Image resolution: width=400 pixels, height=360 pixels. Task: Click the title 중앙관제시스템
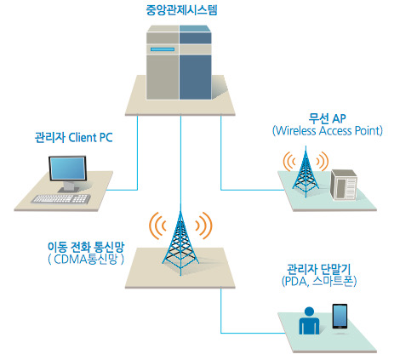point(181,10)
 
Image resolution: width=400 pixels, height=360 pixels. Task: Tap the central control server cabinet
point(179,62)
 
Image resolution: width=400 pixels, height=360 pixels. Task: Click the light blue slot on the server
point(163,49)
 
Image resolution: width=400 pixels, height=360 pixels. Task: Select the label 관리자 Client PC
point(73,138)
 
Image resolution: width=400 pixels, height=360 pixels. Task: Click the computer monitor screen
point(67,169)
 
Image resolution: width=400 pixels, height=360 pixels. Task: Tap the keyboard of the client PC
point(61,199)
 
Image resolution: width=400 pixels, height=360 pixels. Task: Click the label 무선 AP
point(327,118)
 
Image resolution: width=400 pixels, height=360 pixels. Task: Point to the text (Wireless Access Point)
point(328,131)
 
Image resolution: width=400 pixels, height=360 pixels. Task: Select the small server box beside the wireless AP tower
point(344,185)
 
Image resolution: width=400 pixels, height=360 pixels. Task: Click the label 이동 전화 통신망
point(86,247)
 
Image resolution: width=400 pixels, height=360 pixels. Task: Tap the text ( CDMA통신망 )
point(86,260)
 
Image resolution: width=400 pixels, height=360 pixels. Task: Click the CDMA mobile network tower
point(180,243)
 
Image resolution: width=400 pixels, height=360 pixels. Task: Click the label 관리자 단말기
point(319,269)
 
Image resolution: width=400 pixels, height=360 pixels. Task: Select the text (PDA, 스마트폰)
point(319,281)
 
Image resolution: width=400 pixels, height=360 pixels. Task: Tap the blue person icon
point(309,321)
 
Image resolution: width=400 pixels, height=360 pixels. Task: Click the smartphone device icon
point(340,317)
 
